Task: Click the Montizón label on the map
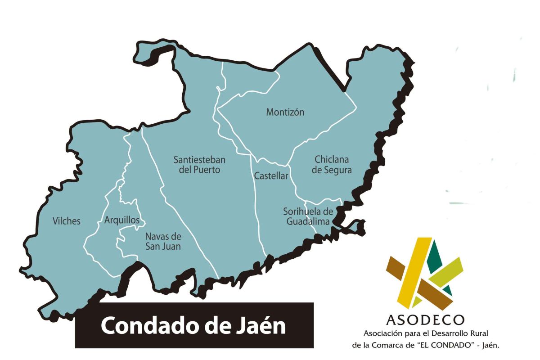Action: point(285,112)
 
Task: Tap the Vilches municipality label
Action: point(66,220)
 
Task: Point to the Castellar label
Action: point(271,176)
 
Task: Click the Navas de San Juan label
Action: point(163,241)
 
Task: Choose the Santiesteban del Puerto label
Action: point(199,165)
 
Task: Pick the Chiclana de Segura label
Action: point(332,165)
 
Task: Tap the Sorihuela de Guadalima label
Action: point(308,216)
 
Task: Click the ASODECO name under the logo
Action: point(425,319)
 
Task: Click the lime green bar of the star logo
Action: point(443,274)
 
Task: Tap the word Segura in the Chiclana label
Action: point(338,170)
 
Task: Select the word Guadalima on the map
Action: point(308,221)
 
